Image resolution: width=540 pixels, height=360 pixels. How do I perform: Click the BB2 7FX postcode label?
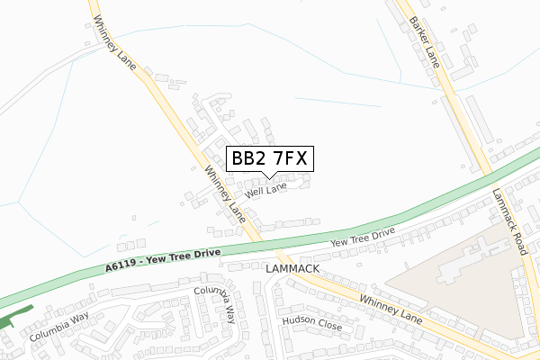coord(270,158)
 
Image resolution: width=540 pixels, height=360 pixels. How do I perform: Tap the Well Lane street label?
coord(265,191)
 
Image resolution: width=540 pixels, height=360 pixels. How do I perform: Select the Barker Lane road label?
coord(423,42)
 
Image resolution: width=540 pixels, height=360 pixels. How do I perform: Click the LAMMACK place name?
coord(292,269)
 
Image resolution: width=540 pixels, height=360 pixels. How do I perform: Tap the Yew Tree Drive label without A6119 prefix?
coord(362,238)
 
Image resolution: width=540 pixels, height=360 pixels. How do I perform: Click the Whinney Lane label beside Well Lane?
coord(223,194)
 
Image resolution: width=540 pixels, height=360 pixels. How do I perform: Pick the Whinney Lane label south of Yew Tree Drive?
coord(390,308)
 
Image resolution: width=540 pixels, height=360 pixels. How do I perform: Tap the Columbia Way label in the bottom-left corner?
coord(58,325)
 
